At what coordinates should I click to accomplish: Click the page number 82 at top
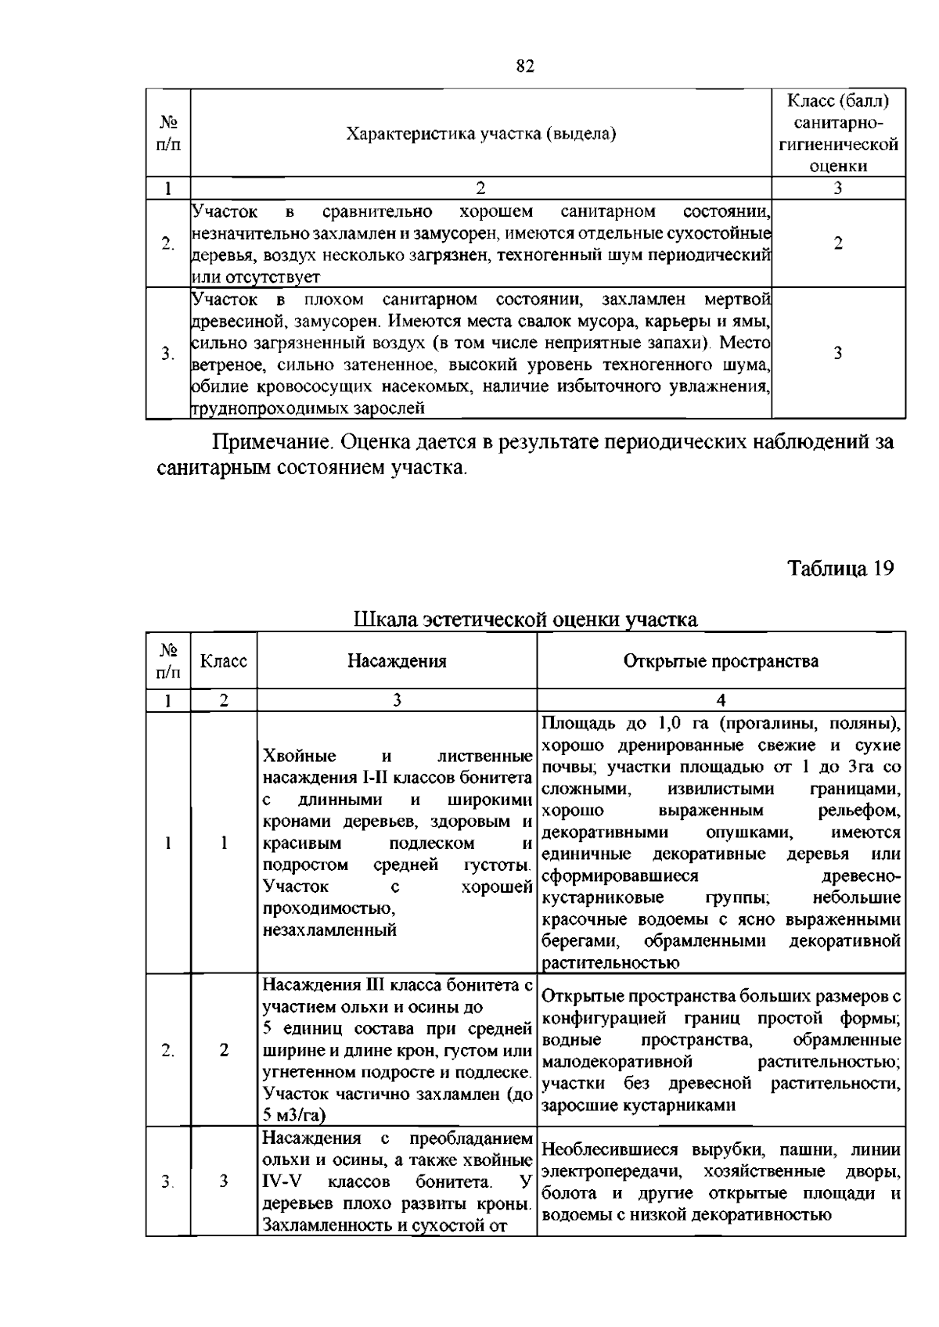[525, 67]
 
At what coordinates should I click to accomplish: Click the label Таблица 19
[840, 568]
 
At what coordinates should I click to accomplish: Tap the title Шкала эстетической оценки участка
[525, 620]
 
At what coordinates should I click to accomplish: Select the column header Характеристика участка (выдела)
[481, 134]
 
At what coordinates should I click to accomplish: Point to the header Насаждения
[397, 661]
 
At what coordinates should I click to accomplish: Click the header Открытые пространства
[721, 661]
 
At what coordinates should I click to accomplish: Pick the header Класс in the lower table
[224, 661]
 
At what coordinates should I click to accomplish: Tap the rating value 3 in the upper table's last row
[838, 353]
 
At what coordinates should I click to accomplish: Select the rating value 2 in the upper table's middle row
[838, 243]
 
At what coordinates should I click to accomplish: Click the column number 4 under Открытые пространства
[721, 700]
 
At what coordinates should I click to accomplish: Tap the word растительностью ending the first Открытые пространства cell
[610, 962]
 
